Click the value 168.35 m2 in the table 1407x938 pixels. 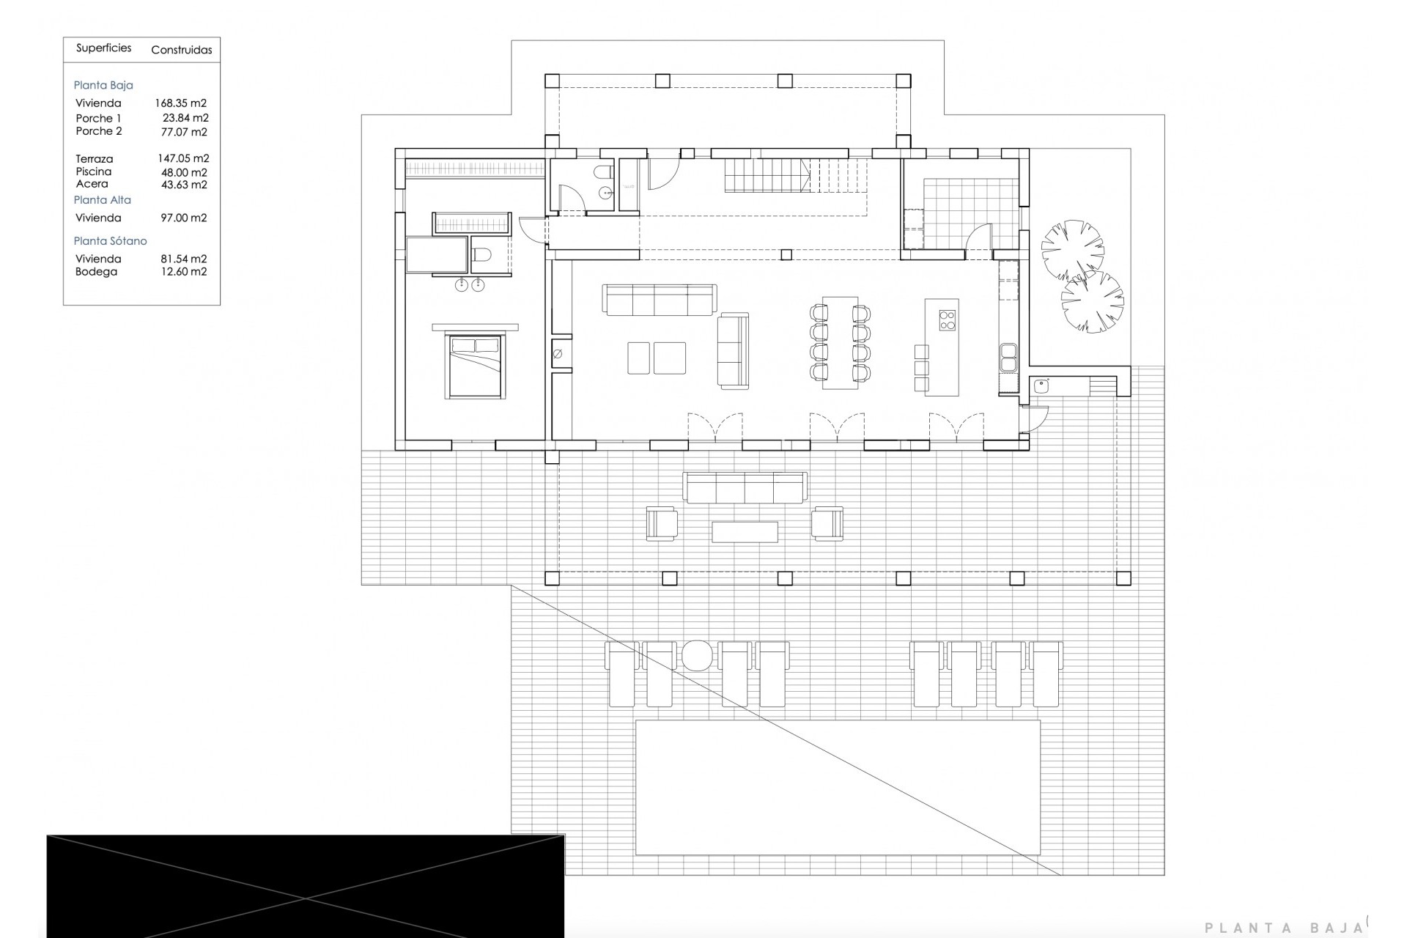coord(180,103)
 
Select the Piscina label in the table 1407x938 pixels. coord(94,171)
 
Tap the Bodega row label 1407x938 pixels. coord(96,272)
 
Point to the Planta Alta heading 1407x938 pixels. coord(103,199)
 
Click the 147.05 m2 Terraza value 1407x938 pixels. coord(183,158)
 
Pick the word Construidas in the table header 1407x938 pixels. coord(182,51)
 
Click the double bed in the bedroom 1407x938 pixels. coord(476,366)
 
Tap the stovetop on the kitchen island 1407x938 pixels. coord(948,320)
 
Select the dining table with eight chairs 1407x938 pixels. coord(840,342)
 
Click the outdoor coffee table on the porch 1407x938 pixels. coord(745,531)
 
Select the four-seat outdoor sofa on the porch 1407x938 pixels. coord(745,487)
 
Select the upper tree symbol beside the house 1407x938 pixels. coord(1073,248)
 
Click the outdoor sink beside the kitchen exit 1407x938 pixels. coord(1041,385)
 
